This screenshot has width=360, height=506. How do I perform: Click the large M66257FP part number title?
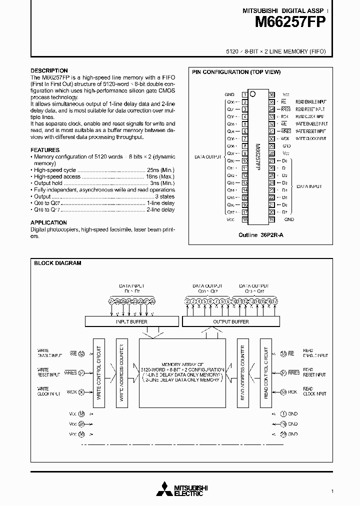click(291, 22)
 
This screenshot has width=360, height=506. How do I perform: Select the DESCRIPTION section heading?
click(49, 70)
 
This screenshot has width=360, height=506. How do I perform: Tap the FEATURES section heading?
click(45, 150)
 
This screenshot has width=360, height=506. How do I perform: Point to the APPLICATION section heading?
click(48, 222)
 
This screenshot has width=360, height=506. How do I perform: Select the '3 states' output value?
click(164, 197)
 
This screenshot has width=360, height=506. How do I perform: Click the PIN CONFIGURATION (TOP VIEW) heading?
click(236, 72)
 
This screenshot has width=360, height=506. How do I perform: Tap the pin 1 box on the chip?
click(244, 94)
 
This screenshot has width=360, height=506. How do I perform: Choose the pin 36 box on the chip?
click(271, 94)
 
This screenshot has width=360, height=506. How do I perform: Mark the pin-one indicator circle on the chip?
click(253, 93)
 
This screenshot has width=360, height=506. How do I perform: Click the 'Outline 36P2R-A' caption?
click(260, 235)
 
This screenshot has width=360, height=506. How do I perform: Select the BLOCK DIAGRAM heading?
click(57, 263)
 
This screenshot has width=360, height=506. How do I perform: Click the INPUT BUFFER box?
click(131, 321)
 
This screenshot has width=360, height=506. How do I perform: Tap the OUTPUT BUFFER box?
click(230, 321)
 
